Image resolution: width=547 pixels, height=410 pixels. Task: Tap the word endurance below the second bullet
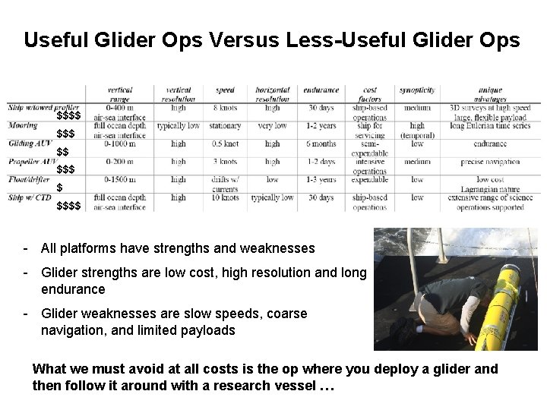coord(74,289)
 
